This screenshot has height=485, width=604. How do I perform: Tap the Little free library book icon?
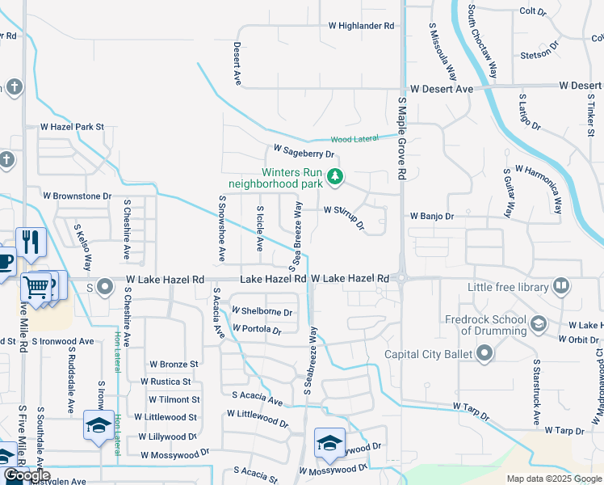(x=561, y=286)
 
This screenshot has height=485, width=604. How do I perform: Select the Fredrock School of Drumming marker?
(x=538, y=325)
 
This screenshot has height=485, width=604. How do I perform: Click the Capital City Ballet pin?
(x=484, y=352)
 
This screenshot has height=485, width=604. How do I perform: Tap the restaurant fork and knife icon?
(x=31, y=241)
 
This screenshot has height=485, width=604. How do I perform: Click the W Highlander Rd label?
(x=361, y=26)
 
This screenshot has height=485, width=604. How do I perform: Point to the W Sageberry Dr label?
(x=304, y=150)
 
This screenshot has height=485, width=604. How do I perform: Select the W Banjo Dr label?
(x=432, y=217)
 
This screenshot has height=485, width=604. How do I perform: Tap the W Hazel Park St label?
(x=73, y=127)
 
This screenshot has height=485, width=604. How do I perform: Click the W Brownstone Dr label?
(x=77, y=196)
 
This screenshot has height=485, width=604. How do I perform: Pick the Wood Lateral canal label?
(x=354, y=139)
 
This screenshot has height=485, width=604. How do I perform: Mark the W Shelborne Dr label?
(x=262, y=311)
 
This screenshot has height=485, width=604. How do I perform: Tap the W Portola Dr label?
(x=256, y=330)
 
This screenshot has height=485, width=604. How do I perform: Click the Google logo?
(x=27, y=476)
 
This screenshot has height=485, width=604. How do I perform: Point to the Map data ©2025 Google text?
(x=553, y=479)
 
